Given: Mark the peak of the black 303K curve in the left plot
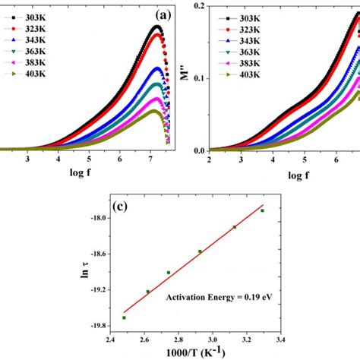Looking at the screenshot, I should point(156,27).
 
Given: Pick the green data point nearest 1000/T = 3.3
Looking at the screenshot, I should point(263,210).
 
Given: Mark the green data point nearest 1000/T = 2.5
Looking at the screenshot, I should point(124,317).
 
